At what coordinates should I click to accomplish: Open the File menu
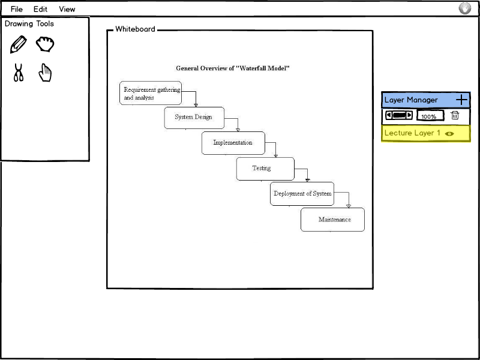(17, 9)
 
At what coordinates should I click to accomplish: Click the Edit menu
(40, 9)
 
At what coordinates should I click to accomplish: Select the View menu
(67, 9)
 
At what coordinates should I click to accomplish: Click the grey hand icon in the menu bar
(464, 8)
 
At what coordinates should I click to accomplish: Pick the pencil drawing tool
(19, 44)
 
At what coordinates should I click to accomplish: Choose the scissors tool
(19, 73)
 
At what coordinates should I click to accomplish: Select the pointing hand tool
(45, 73)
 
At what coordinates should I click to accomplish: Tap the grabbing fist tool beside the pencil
(45, 44)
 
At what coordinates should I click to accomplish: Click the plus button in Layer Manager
(461, 100)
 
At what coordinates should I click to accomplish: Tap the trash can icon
(455, 115)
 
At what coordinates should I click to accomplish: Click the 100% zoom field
(430, 116)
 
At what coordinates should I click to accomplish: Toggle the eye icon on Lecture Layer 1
(449, 133)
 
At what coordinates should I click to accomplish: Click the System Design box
(194, 118)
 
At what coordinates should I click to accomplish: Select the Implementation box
(233, 143)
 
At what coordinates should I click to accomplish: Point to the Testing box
(265, 169)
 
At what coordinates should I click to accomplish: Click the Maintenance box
(333, 220)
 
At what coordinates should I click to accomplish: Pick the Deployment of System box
(302, 194)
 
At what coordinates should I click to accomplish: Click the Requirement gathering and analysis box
(151, 93)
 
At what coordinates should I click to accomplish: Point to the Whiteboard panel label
(136, 29)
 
